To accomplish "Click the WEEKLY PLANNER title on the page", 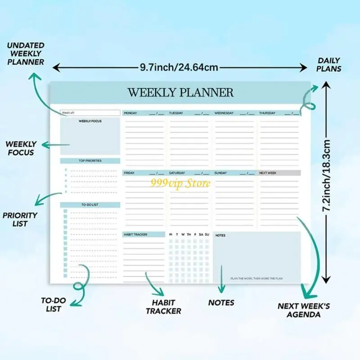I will pos(180,93).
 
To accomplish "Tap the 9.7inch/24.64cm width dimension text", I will pos(179,67).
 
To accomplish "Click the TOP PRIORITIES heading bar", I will pos(90,161).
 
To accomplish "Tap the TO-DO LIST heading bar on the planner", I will pos(90,205).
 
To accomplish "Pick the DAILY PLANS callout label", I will pos(329,65).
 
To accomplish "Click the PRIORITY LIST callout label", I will pos(20,220).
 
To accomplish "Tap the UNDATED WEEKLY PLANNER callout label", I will pos(26,54).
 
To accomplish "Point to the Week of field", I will pos(90,113).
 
